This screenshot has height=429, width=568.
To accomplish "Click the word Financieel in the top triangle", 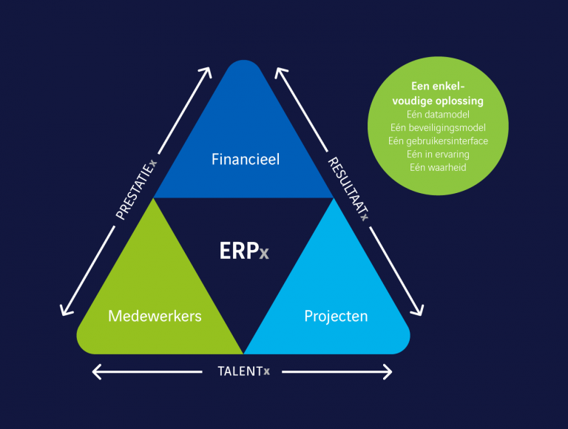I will coord(246,159).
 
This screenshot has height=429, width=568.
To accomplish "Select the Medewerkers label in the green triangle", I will coord(155,316).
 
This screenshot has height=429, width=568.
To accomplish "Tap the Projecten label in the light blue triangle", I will coord(336,316).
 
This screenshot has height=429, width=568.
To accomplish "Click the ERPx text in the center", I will coord(244,251).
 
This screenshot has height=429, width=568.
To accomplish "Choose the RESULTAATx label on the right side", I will coord(348,189).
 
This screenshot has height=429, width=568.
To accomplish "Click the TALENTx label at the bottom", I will coord(243,371).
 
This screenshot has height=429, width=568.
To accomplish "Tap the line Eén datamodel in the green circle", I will coord(437,115).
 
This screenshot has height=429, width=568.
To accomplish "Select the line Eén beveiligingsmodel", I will coord(437,128).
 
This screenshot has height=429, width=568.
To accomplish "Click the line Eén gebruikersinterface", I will coord(437,141).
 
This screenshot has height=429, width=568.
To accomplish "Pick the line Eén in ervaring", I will coord(437,154).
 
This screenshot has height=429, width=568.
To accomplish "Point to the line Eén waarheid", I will coord(437,167).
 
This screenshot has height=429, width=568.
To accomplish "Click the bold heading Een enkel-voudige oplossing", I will coord(437,94).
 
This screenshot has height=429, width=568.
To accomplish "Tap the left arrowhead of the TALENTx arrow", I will coord(95,371).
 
